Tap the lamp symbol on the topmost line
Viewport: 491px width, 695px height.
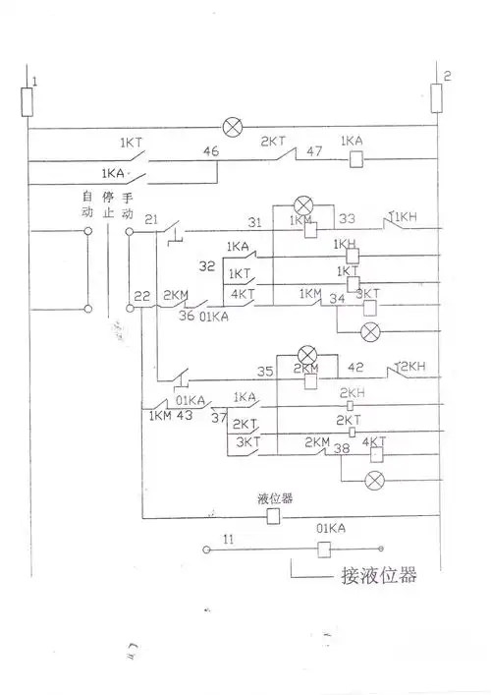coord(233,127)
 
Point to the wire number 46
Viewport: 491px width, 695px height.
coord(210,151)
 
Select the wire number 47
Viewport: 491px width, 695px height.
coord(315,152)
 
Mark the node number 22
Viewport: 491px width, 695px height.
coord(143,295)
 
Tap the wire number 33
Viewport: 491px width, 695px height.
coord(347,220)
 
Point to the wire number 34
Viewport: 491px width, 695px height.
coord(337,299)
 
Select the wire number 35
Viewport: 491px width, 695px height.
coord(264,372)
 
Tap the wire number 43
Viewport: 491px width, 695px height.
coord(183,417)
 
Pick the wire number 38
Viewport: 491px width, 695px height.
coord(342,449)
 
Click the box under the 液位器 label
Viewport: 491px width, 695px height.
coord(274,515)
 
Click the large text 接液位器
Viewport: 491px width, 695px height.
coord(378,575)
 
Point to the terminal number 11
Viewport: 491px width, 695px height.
coord(228,539)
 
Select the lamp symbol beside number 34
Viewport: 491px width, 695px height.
coord(371,331)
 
